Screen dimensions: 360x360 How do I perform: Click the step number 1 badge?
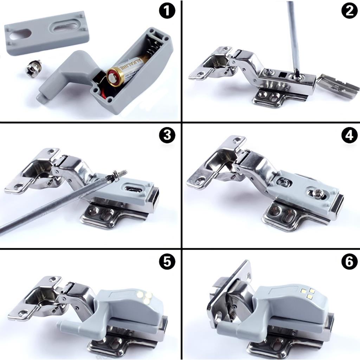(167, 11)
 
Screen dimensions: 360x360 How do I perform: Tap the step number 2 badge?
(350, 11)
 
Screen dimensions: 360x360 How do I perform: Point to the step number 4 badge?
(350, 135)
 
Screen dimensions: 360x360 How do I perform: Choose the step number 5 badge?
(167, 262)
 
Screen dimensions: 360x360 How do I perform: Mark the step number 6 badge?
(350, 262)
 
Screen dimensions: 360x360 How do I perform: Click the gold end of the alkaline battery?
(114, 76)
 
